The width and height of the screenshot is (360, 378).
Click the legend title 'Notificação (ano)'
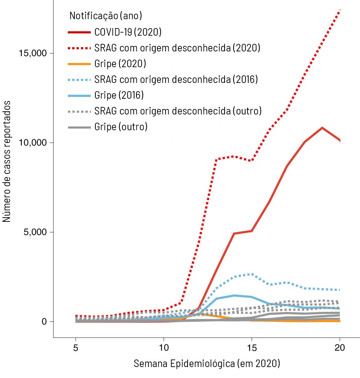[106, 16]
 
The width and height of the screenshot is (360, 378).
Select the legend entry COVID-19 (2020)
[128, 32]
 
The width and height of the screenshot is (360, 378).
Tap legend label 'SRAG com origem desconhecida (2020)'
[177, 48]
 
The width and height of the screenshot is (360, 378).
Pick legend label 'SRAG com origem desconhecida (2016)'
[176, 80]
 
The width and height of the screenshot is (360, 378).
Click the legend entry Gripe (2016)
[119, 95]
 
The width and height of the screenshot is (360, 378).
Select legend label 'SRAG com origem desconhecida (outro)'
[178, 111]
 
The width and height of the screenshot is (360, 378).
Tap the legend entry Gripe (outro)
[121, 127]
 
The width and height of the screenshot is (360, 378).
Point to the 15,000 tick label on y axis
[32, 53]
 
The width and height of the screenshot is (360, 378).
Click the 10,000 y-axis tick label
[32, 143]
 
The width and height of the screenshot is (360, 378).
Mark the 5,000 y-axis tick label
[34, 232]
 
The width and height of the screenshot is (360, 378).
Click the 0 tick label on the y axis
[44, 322]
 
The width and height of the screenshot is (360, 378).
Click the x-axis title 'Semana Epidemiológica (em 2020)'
[207, 363]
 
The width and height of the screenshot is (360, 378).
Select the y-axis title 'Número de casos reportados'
[7, 161]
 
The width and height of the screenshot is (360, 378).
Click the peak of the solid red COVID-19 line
[322, 128]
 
